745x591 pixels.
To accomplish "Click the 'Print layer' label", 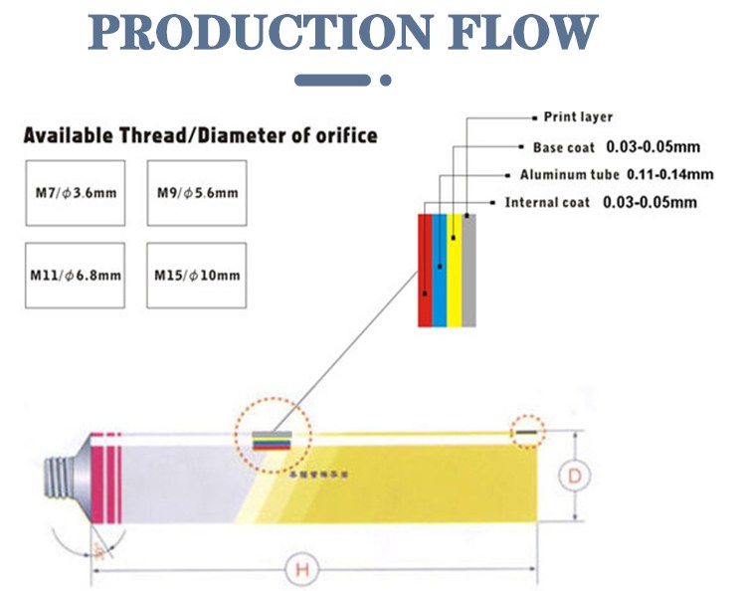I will point(578,117).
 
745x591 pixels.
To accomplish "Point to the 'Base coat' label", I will point(563,147).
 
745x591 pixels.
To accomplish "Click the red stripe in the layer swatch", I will point(425,270).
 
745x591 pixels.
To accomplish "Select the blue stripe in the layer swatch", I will point(440,270).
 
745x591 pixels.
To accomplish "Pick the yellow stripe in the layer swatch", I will point(455,270).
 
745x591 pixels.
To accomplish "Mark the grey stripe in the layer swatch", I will point(469,270).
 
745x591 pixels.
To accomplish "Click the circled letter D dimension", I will point(574,477).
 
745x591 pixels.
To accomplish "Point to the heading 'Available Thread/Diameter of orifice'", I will point(200,134).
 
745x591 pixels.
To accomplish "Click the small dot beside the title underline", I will point(387,81).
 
